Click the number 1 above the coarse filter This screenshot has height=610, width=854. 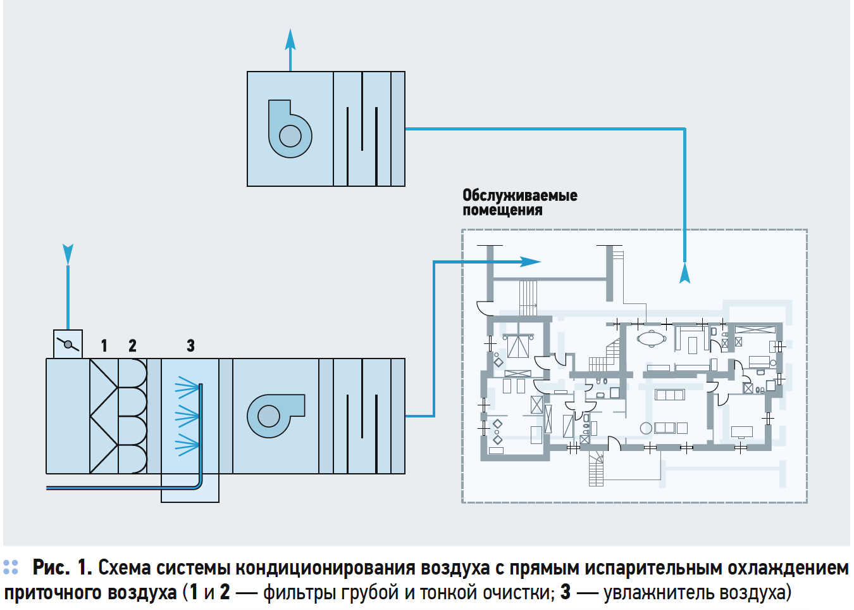click(104, 346)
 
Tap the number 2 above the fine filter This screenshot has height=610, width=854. click(132, 346)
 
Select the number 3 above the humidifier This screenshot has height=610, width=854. click(190, 346)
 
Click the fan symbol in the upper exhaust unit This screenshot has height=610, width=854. click(290, 129)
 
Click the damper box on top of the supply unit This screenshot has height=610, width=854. click(68, 344)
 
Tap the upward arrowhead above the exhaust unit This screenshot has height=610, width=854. click(290, 40)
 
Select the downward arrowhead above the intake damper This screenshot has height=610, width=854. click(68, 254)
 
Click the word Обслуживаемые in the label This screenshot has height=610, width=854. click(519, 195)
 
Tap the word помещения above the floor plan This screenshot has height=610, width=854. click(502, 210)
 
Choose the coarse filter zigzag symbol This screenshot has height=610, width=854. click(103, 416)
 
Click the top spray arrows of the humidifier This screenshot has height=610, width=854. click(187, 386)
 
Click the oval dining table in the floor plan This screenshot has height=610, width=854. click(651, 338)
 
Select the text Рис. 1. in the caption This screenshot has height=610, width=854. click(62, 568)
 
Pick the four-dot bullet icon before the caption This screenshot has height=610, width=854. click(11, 567)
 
